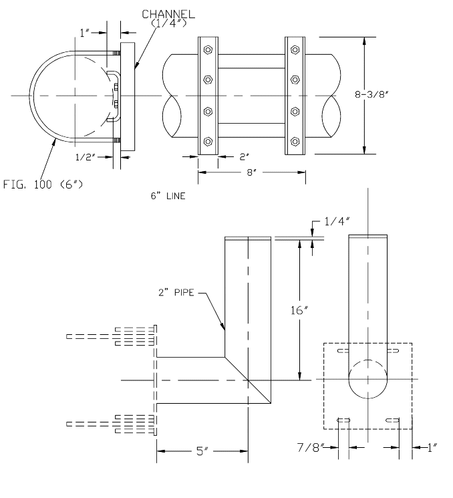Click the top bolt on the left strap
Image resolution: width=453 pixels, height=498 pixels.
(208, 49)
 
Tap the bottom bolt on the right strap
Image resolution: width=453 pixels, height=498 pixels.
(294, 142)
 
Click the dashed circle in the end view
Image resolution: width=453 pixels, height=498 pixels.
(367, 380)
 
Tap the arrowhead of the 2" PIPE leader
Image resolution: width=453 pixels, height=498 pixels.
(224, 329)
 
